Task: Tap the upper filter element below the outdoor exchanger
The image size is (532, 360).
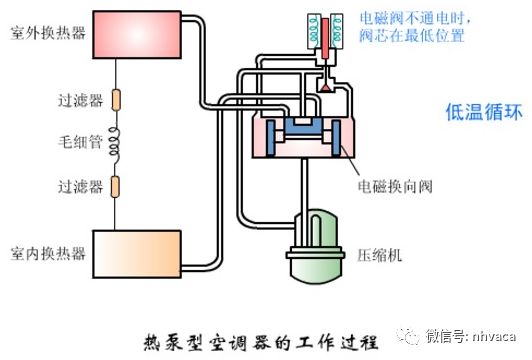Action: [x=114, y=100]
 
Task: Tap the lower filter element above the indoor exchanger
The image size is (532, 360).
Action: [x=114, y=186]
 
